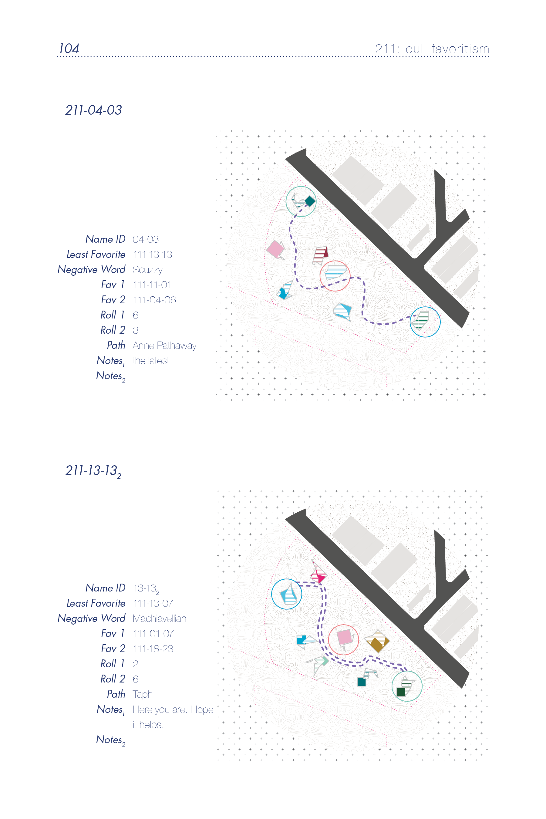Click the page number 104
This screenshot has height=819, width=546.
[69, 49]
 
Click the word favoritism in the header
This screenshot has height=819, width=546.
[460, 49]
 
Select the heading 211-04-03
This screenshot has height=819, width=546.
[94, 110]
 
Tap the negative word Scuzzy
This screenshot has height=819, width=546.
[148, 270]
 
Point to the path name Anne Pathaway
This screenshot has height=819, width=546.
[165, 345]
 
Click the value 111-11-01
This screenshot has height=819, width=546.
[152, 285]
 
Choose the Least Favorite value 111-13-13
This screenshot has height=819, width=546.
[153, 254]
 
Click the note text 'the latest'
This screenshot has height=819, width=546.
[151, 361]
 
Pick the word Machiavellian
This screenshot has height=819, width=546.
[160, 618]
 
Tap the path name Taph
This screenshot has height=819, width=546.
[143, 694]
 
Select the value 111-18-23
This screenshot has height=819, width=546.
[153, 649]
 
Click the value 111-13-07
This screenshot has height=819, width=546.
[153, 603]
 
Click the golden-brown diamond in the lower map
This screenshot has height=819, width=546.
[376, 641]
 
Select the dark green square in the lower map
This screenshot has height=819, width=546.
[401, 692]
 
